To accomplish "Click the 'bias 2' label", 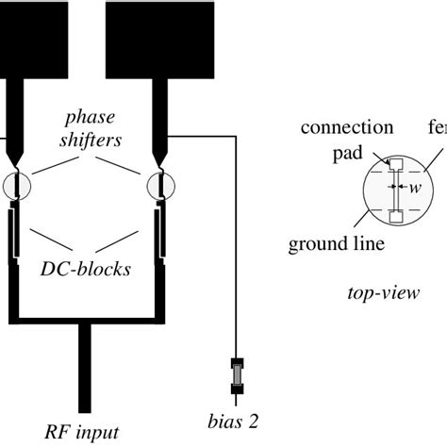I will pyautogui.click(x=234, y=417).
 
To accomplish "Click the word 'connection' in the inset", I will pyautogui.click(x=348, y=126).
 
